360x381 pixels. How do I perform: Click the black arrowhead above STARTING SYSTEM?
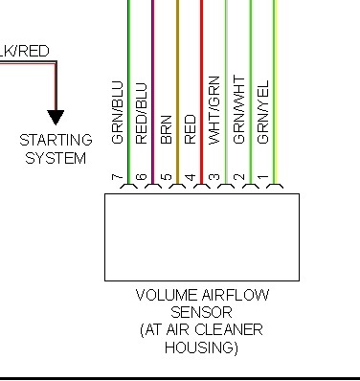click(x=56, y=118)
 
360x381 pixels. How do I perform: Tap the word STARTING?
click(x=56, y=141)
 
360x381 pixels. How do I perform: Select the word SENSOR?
click(x=201, y=313)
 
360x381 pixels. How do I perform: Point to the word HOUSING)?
click(x=202, y=347)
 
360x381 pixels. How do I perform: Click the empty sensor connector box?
click(x=201, y=236)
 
